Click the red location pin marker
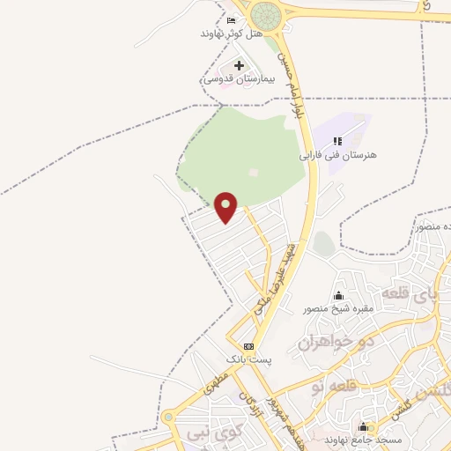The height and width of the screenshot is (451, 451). pyautogui.click(x=226, y=207)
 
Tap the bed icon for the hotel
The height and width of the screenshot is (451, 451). pyautogui.click(x=232, y=19)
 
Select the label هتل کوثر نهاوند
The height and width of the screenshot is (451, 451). pyautogui.click(x=232, y=33)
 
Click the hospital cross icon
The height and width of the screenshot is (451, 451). pyautogui.click(x=240, y=65)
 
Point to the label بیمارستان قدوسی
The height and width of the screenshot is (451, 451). pyautogui.click(x=240, y=78)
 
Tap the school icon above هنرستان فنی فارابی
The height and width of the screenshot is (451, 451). pyautogui.click(x=337, y=141)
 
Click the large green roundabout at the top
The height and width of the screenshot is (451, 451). pyautogui.click(x=264, y=15)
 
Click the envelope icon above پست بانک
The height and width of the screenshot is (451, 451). pyautogui.click(x=249, y=346)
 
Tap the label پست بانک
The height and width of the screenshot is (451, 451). pyautogui.click(x=249, y=359)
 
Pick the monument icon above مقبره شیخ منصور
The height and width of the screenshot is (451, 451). pyautogui.click(x=339, y=295)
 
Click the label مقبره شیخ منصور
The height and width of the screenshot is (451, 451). pyautogui.click(x=339, y=308)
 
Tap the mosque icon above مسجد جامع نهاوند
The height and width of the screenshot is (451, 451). pyautogui.click(x=362, y=426)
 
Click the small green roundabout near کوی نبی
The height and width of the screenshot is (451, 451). pyautogui.click(x=167, y=418)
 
